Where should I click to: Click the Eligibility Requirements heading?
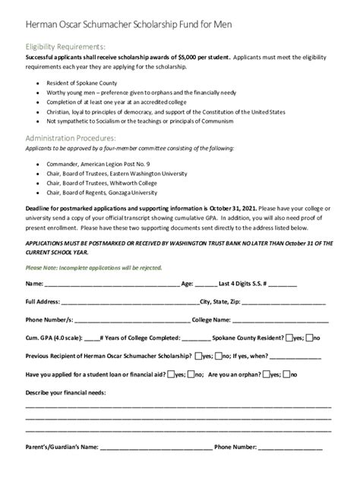(x=67, y=45)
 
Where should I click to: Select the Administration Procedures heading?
(x=70, y=138)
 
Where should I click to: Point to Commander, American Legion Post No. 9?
(x=98, y=164)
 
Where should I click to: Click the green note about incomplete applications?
(x=94, y=267)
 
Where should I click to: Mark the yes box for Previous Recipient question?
(x=197, y=355)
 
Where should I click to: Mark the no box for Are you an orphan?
(x=286, y=373)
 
